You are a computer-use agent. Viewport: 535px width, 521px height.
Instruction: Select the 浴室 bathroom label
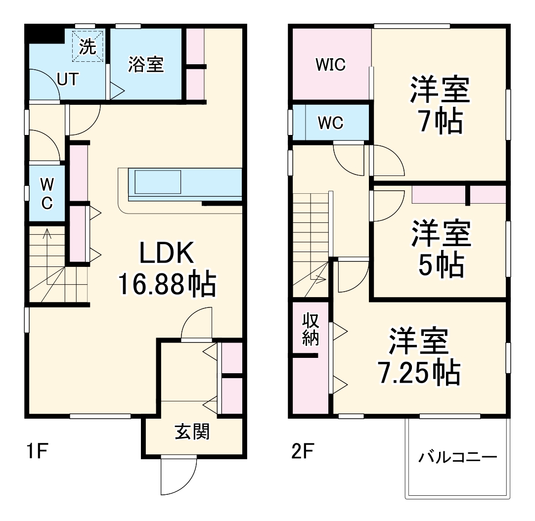coord(146,64)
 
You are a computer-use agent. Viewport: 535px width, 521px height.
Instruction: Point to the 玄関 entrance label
coord(192,432)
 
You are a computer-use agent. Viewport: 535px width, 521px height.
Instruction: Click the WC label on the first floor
coord(46,194)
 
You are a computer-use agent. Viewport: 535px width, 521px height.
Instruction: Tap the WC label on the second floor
coord(330,123)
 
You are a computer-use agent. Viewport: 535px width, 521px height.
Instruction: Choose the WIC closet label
coord(331,65)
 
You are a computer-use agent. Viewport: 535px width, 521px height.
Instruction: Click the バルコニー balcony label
coord(457,457)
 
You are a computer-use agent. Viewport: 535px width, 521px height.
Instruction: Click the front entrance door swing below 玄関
coord(178,476)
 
